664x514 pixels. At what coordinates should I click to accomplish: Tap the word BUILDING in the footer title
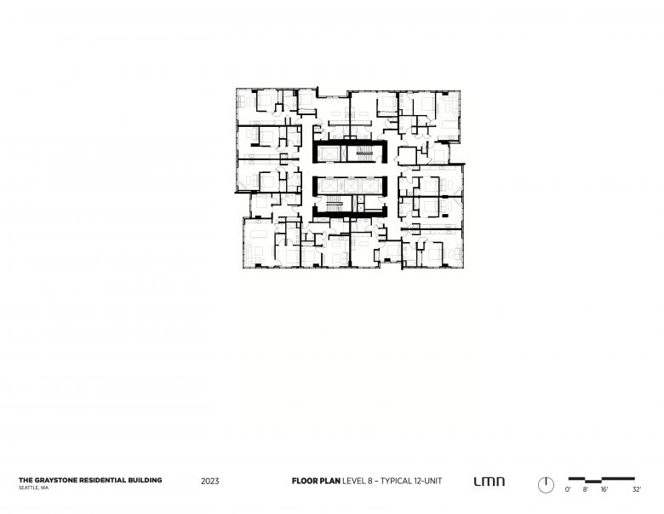tap(145, 480)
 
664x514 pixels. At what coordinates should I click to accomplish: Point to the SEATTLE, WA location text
tap(33, 488)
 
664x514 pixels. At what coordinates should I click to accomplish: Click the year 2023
tap(210, 481)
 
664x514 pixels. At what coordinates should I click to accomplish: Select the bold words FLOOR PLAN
tap(316, 481)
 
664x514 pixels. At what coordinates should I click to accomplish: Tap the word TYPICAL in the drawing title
tap(396, 481)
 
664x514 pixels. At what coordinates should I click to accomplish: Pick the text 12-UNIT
tap(428, 481)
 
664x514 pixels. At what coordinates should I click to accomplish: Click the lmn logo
tap(489, 482)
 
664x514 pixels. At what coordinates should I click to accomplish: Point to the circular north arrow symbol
tap(546, 485)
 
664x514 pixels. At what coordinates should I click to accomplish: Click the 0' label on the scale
tap(568, 489)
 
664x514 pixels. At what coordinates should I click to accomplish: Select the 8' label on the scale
tap(586, 489)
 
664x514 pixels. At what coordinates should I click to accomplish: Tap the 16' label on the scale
tap(604, 489)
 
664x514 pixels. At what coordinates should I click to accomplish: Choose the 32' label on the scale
tap(637, 489)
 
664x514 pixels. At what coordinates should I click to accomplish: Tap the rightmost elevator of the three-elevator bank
tap(369, 185)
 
